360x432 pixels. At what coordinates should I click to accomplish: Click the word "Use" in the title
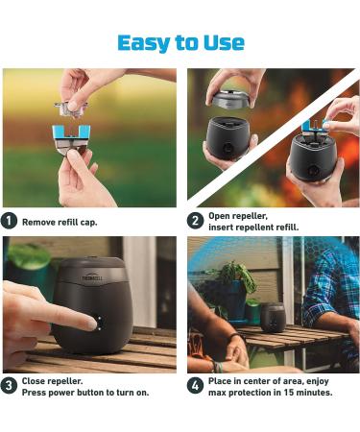(224, 42)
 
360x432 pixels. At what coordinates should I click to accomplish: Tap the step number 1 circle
(9, 221)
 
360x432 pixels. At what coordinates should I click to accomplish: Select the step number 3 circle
(9, 386)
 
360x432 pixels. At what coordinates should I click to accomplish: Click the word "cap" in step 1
(88, 222)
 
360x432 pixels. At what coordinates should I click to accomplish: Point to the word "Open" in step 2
(222, 215)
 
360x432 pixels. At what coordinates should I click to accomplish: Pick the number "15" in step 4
(273, 393)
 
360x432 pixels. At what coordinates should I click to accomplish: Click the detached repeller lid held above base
(232, 99)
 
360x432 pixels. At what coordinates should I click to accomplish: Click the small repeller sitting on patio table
(273, 316)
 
